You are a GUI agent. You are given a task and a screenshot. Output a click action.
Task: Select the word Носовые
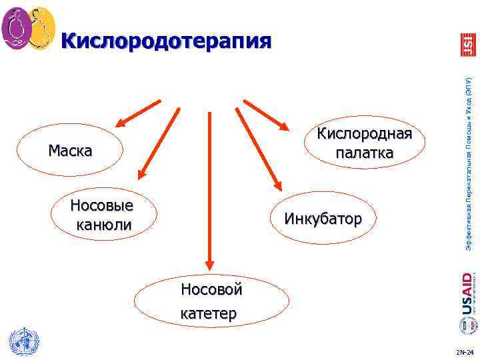coord(102,204)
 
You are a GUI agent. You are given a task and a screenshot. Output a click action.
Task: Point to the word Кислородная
coord(364,133)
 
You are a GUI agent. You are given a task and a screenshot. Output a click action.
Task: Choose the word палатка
coord(364,153)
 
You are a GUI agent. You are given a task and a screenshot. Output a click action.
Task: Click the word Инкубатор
coord(323,218)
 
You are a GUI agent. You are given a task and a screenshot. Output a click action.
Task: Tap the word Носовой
coord(212,290)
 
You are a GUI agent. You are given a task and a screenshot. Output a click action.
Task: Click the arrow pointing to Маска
coord(139,113)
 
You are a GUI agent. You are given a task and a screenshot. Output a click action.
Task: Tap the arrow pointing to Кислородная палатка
coord(266,113)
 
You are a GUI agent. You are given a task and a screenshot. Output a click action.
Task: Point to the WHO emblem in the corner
coord(23,342)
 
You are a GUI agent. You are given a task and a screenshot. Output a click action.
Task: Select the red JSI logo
coord(467,44)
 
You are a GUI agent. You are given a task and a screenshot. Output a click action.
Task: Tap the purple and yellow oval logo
coord(28,28)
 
